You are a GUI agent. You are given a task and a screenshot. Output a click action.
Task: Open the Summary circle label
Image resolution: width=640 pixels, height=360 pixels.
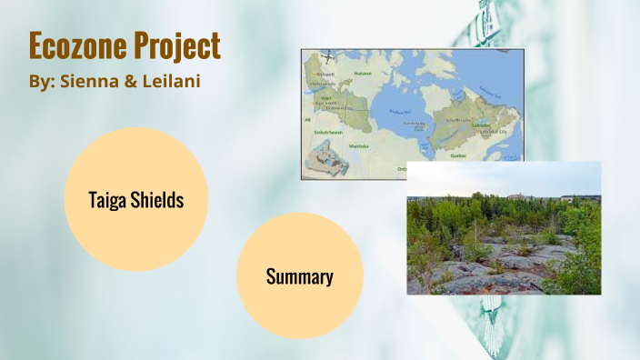click(x=299, y=276)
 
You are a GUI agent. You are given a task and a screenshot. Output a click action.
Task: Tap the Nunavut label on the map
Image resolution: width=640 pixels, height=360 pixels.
click(x=363, y=72)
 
